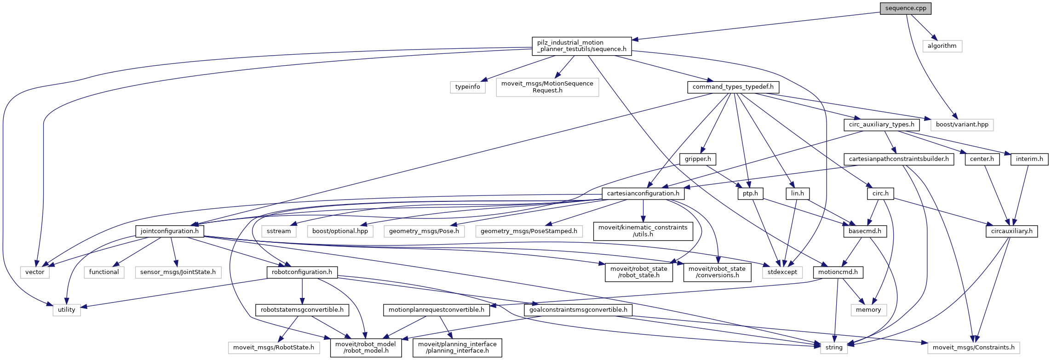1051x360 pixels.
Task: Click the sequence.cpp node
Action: (905, 8)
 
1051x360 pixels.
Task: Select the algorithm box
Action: (942, 46)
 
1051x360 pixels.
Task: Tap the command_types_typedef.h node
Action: (733, 87)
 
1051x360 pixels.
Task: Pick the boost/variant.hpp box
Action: (962, 125)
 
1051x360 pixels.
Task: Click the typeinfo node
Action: (467, 87)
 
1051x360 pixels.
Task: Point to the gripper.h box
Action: (697, 159)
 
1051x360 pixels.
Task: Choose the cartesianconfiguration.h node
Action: (643, 194)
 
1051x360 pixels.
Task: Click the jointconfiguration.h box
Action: (169, 231)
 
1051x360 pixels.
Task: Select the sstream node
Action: (279, 231)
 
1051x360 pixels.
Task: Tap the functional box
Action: (104, 272)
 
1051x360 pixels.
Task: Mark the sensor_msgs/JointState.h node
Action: (178, 272)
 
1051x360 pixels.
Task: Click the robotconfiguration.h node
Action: (302, 272)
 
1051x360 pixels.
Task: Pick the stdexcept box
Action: (782, 272)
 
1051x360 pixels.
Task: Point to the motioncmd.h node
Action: (838, 272)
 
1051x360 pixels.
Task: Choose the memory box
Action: (868, 310)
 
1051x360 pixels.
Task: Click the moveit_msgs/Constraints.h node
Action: (973, 348)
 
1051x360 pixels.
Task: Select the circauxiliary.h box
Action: (1011, 231)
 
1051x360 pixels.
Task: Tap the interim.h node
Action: (1029, 159)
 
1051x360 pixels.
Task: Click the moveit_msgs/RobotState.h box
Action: (274, 348)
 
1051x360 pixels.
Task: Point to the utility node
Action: (66, 310)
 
